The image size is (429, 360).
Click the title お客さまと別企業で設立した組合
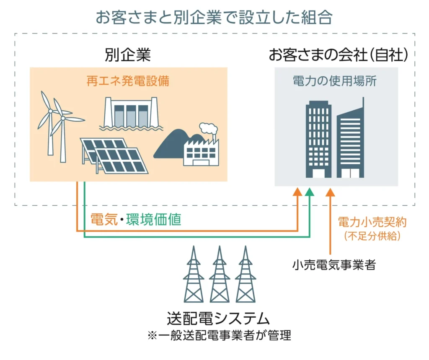click(x=214, y=17)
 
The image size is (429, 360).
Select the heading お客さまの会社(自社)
click(x=338, y=55)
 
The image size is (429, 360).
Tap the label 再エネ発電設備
click(x=128, y=81)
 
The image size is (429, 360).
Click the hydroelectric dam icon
click(x=131, y=114)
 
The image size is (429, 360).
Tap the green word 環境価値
click(x=154, y=219)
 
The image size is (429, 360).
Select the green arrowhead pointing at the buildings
click(x=310, y=192)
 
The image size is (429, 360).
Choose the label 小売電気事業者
click(x=334, y=265)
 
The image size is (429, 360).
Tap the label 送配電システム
click(x=218, y=319)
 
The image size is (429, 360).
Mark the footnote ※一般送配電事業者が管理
click(x=218, y=335)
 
